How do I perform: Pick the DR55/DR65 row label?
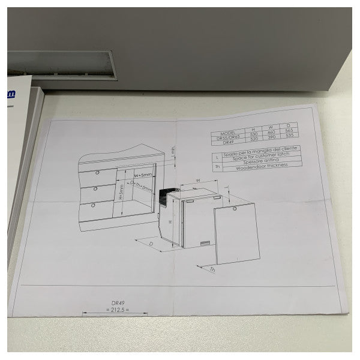coord(229,137)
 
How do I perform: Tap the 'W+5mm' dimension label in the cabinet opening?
coord(143,175)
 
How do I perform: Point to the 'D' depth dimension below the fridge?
coord(145,244)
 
